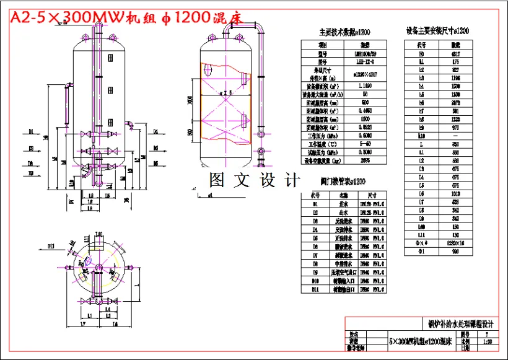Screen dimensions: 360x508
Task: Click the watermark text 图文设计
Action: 254,180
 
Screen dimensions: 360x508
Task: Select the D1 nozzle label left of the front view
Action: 31,131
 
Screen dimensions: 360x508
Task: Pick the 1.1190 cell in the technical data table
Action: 365,86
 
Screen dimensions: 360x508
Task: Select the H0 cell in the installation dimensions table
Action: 421,53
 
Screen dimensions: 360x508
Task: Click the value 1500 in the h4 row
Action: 455,86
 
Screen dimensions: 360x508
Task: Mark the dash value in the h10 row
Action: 455,135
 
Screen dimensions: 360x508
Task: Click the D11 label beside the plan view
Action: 53,247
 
